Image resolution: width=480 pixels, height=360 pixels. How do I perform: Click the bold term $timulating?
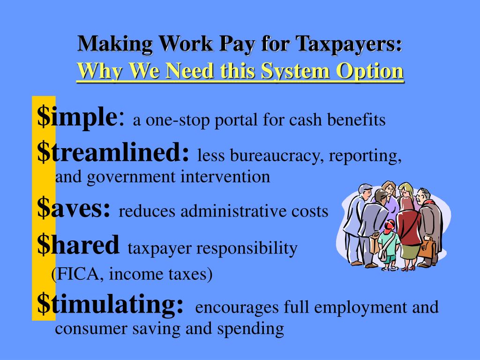pos(110,305)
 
